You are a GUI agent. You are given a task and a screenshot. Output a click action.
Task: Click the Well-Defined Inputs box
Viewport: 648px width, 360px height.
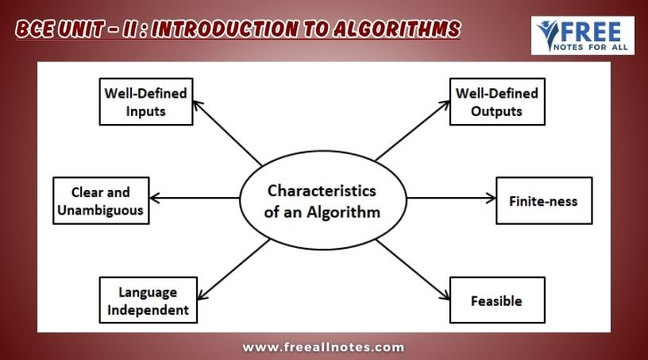[146, 102]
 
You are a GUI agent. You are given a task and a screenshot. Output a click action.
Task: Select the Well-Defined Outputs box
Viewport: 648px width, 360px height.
[497, 102]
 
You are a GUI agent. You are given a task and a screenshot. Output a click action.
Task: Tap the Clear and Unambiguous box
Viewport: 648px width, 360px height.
[101, 201]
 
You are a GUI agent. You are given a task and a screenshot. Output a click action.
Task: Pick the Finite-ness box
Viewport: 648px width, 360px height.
[544, 201]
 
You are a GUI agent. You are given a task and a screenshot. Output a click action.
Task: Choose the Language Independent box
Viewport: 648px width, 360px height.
[148, 300]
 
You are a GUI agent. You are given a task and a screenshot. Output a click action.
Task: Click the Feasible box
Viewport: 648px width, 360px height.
[497, 300]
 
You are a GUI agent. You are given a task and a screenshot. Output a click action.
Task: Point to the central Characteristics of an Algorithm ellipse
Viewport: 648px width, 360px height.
[322, 200]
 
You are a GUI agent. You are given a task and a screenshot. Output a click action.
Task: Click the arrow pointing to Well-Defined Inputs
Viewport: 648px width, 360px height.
[227, 134]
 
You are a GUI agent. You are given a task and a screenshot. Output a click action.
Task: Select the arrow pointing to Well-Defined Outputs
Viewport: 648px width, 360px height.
[413, 130]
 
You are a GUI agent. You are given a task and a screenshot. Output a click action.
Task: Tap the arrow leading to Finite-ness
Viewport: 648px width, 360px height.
[451, 198]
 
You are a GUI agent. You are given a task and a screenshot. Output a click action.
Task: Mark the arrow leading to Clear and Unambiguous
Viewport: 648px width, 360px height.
[195, 198]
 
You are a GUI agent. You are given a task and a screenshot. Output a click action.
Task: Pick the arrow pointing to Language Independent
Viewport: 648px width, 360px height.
[233, 269]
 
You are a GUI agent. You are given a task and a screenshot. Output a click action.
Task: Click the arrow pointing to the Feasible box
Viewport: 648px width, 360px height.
[413, 269]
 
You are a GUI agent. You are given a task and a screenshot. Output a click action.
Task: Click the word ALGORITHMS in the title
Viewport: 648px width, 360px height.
[397, 29]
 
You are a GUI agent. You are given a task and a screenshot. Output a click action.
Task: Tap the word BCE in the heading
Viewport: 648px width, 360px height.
[35, 29]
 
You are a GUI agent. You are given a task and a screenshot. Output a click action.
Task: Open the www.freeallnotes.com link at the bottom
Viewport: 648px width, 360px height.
[323, 347]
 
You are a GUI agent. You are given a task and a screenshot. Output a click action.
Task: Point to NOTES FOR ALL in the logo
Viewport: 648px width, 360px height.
[591, 47]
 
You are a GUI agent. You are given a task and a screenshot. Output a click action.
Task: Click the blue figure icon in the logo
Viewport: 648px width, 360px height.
[548, 35]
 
